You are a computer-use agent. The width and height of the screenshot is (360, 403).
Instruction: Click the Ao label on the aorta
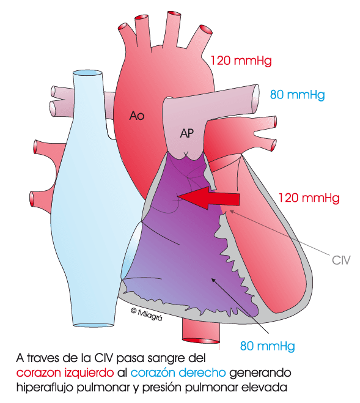[137, 116]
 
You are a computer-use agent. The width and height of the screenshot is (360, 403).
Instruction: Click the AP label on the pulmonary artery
[186, 133]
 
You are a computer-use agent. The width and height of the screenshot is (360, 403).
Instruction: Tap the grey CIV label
[341, 260]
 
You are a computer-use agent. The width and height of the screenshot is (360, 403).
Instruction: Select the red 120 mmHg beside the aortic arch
[241, 61]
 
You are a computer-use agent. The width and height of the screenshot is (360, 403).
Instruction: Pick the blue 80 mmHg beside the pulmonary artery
[297, 95]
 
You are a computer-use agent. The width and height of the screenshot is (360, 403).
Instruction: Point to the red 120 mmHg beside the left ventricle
[309, 198]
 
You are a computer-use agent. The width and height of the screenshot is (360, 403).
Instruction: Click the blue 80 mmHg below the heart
[267, 346]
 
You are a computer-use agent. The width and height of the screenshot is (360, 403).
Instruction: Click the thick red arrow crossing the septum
[208, 198]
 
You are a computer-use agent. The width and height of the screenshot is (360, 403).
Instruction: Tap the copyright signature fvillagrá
[147, 314]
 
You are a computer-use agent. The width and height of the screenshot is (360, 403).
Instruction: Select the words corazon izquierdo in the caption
[65, 372]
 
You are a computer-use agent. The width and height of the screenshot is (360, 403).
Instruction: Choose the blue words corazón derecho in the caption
[178, 372]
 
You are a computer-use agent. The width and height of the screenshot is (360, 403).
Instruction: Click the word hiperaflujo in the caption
[45, 388]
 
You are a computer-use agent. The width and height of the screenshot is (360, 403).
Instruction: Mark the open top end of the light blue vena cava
[87, 73]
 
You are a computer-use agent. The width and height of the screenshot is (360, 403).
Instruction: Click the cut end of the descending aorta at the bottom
[200, 341]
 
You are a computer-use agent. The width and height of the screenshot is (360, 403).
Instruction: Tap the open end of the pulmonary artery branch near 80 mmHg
[255, 98]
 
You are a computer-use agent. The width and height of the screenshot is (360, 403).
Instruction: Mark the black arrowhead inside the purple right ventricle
[213, 280]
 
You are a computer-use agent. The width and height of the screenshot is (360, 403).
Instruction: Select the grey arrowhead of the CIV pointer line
[232, 212]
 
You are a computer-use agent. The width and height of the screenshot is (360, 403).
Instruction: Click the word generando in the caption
[260, 373]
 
